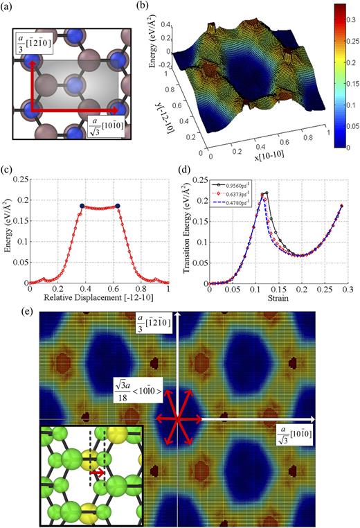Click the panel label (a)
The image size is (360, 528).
point(8,8)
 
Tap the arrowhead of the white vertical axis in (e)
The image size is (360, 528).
point(179,316)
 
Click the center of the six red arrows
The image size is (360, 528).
point(179,419)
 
